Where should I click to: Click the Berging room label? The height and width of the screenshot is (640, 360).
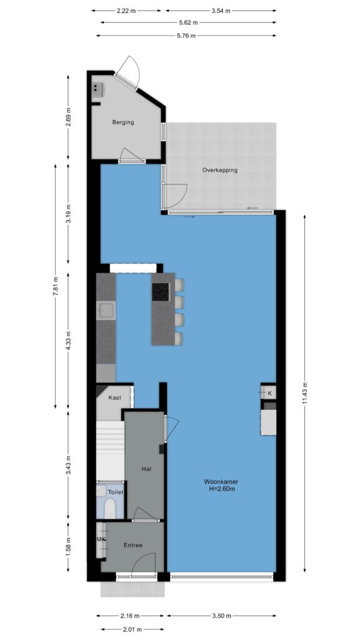click(x=123, y=122)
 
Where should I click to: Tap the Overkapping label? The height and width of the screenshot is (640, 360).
click(x=219, y=170)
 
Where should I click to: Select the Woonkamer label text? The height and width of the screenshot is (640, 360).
click(x=222, y=482)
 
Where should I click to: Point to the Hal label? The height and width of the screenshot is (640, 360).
click(x=146, y=469)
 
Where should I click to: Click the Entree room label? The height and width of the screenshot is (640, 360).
click(x=133, y=545)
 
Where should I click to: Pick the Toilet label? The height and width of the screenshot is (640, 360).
click(x=116, y=492)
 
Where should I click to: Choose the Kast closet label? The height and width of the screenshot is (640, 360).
click(x=115, y=397)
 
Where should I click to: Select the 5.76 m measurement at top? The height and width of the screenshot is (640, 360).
click(x=186, y=36)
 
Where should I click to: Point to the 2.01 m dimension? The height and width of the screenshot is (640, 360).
click(x=132, y=629)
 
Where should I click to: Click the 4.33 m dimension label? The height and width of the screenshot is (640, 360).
click(x=69, y=339)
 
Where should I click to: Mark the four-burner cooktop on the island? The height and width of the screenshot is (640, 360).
click(x=161, y=291)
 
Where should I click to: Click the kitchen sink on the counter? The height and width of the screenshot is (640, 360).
click(x=106, y=310)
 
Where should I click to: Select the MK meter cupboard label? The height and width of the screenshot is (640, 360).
click(x=101, y=539)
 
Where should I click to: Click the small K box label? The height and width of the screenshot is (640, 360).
click(x=269, y=393)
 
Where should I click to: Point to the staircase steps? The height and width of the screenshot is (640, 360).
click(x=110, y=451)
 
